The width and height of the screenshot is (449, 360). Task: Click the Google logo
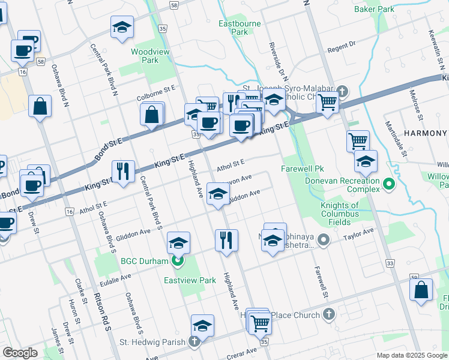pos(19,352)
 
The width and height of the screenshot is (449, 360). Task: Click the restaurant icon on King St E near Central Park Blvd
pos(123,170)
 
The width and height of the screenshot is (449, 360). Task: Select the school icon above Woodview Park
pos(122,26)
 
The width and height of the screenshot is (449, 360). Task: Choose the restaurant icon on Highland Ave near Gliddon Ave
pos(226,239)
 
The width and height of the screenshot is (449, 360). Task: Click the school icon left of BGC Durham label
pos(178,242)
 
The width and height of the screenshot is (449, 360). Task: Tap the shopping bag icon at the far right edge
pos(421,289)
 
